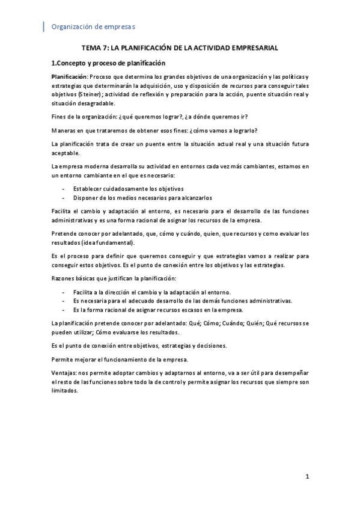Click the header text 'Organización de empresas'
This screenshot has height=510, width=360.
tap(93, 26)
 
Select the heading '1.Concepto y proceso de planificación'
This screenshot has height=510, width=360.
tap(108, 63)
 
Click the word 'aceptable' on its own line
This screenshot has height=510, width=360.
tap(66, 153)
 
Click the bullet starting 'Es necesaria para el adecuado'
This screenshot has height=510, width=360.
tap(182, 301)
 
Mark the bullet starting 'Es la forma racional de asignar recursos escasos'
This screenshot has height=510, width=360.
tap(158, 310)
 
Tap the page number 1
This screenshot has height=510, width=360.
tap(307, 478)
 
